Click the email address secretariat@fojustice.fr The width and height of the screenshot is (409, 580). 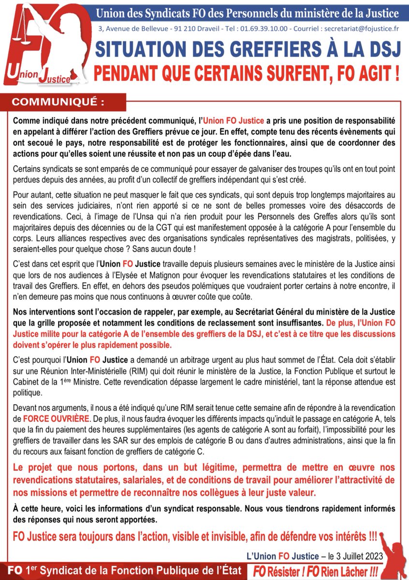[359, 29]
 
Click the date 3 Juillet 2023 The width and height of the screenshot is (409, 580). [357, 557]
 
